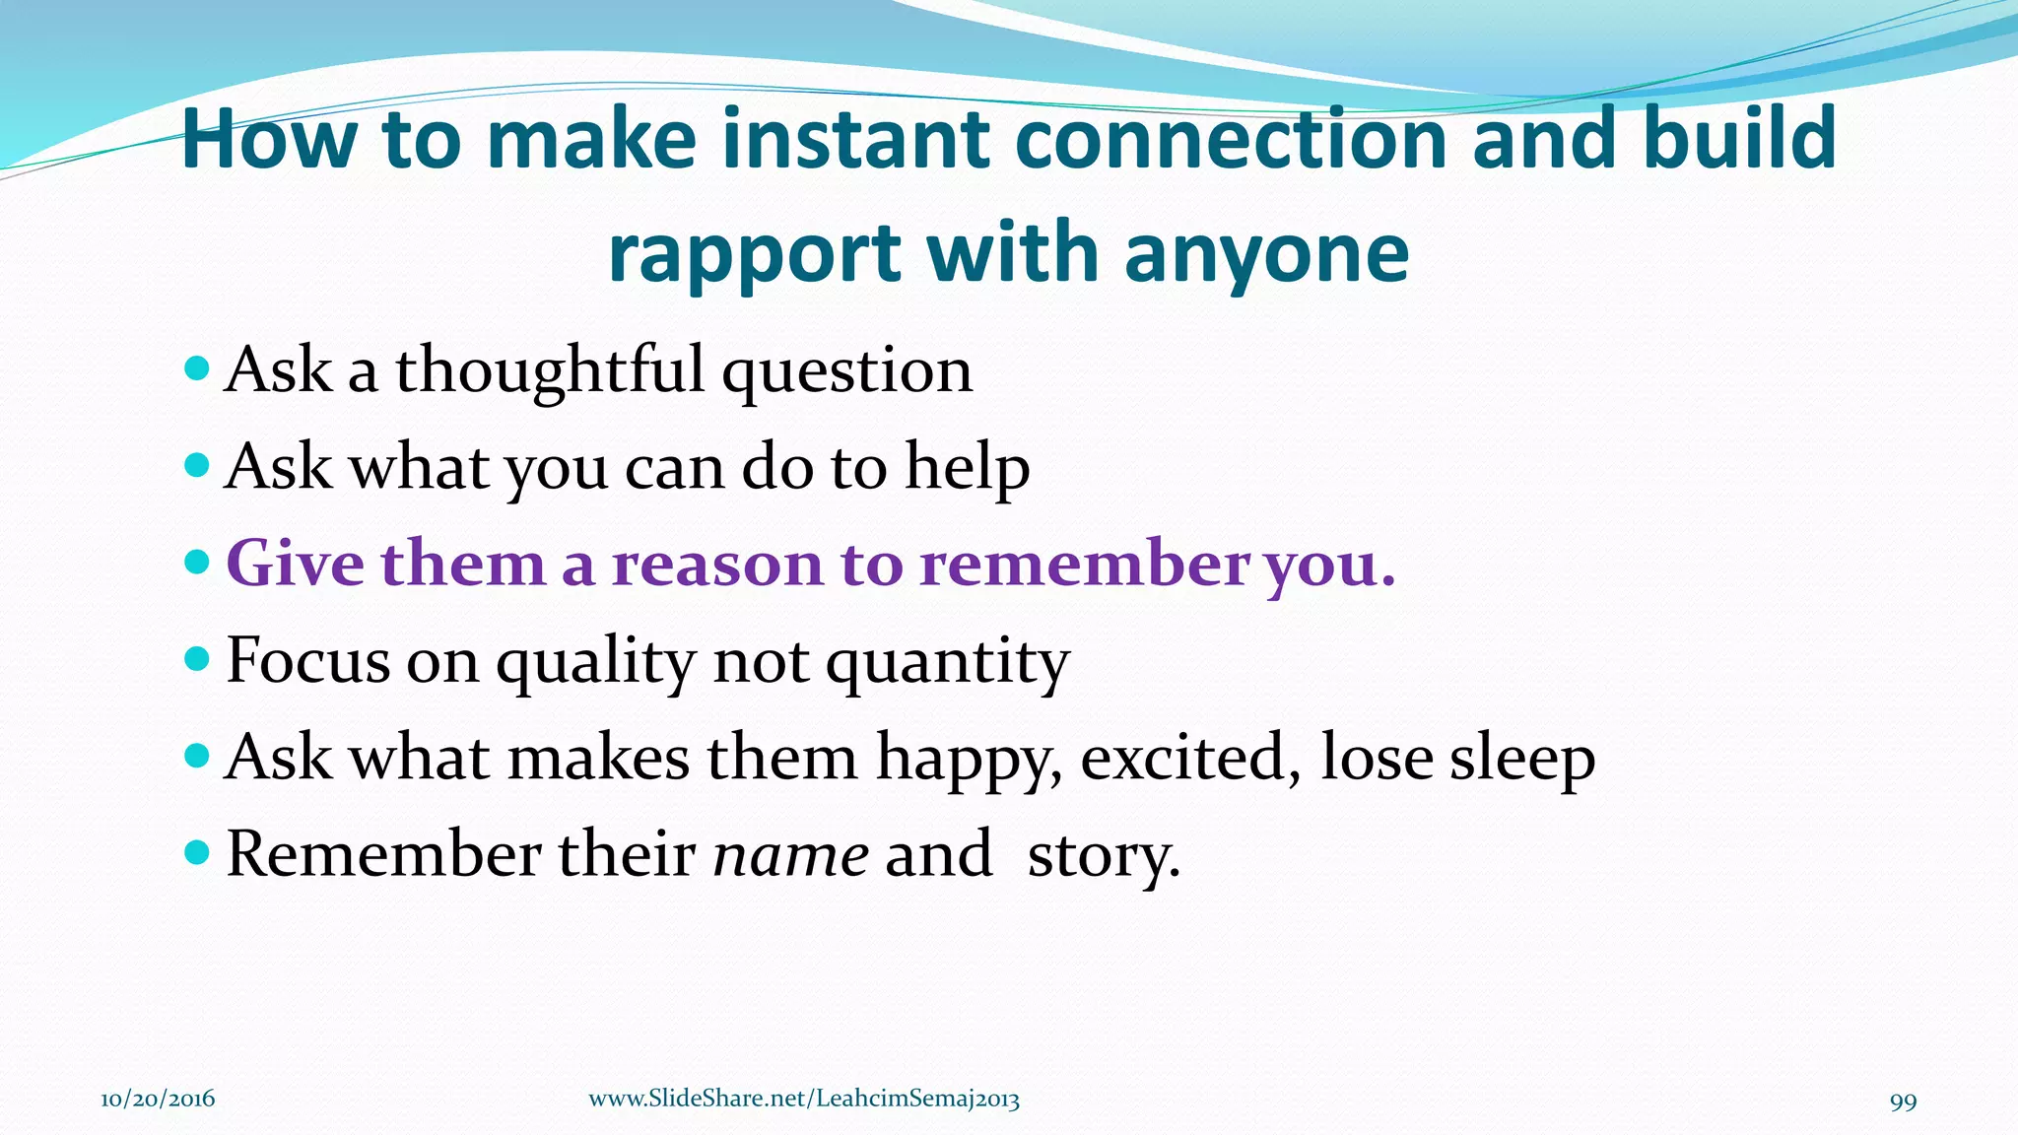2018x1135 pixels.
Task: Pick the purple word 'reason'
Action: pos(716,564)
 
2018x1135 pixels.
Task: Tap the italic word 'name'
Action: pos(790,854)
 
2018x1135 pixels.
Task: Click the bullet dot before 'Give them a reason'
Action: pos(197,562)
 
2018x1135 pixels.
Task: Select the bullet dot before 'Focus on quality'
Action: pos(197,658)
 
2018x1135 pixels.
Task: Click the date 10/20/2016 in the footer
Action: pos(158,1100)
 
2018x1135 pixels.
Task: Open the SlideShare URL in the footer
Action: pos(803,1100)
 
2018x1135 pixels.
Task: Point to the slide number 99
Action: pos(1903,1102)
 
